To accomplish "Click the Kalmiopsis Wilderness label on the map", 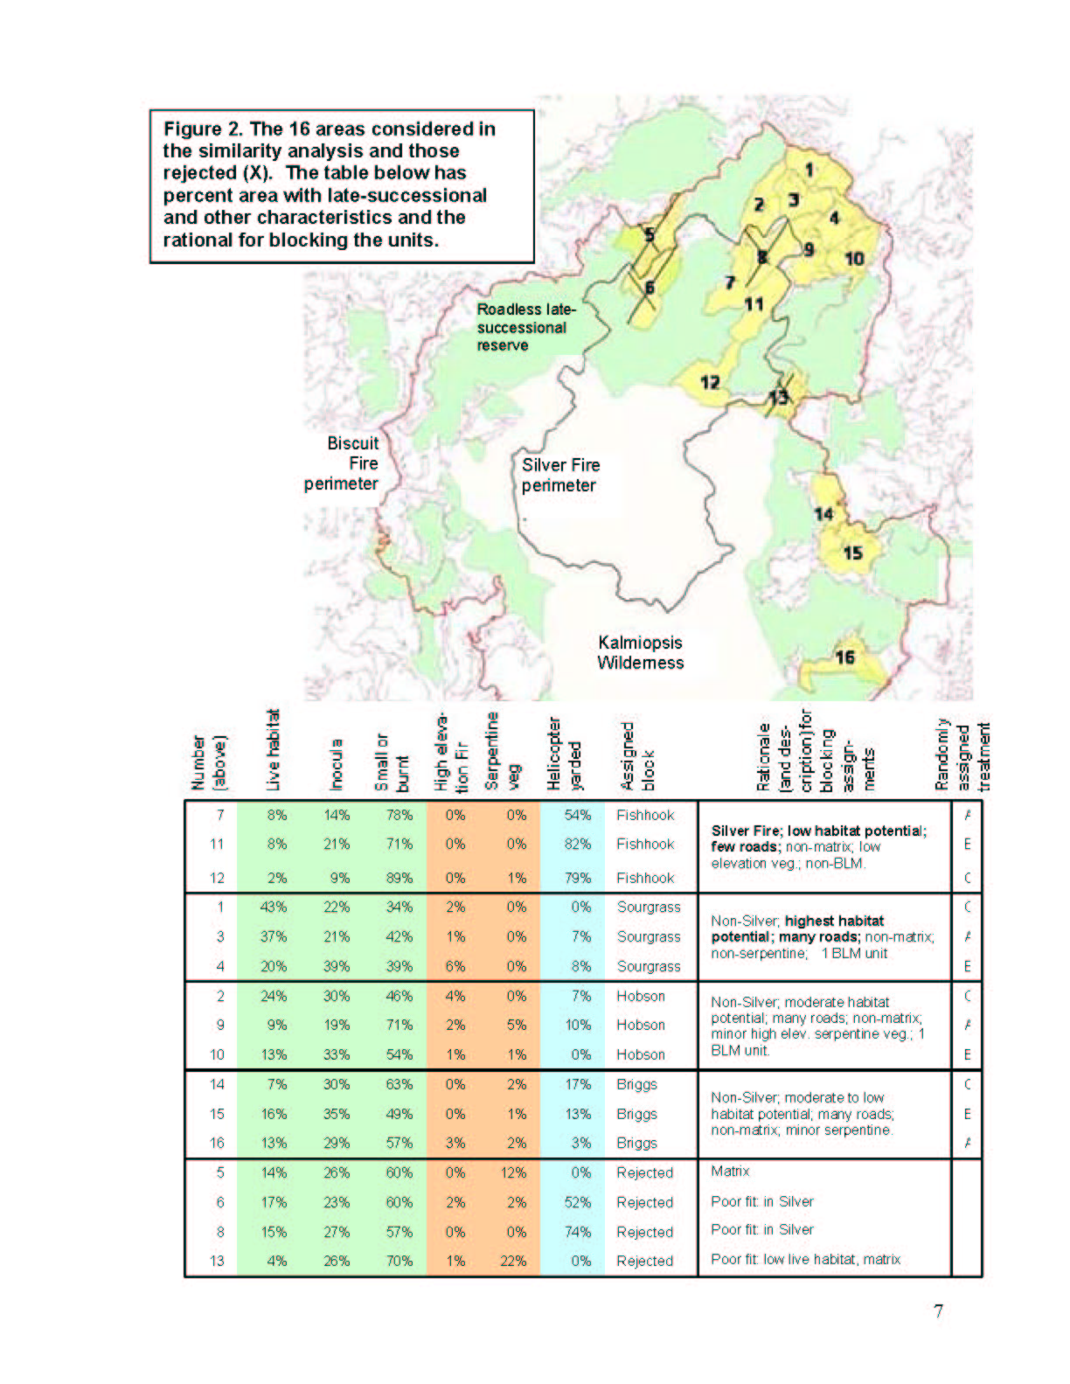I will [640, 652].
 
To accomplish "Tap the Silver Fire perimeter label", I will [560, 475].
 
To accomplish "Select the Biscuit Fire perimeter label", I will [343, 463].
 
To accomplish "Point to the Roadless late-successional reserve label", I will [522, 327].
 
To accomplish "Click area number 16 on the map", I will [844, 657].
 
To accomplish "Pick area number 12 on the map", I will [709, 382].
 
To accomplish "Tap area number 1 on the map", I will [809, 170].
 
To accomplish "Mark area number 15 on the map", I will [852, 553].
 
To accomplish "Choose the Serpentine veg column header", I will [499, 753].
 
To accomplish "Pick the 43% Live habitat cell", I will [274, 907].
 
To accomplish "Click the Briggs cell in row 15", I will [636, 1114].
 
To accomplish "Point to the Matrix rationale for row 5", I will [730, 1171].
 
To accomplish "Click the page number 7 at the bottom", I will [938, 1311].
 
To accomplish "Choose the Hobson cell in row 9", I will [641, 1025].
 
